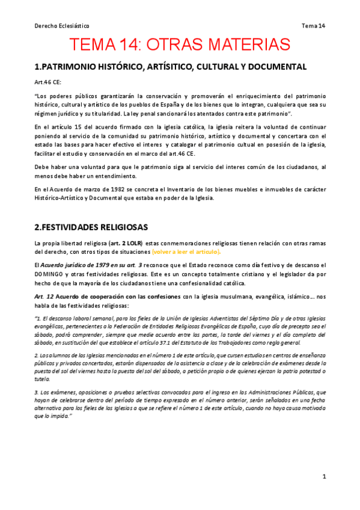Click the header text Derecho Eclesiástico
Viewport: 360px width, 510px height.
click(61, 26)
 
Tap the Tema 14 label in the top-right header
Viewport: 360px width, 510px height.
click(313, 26)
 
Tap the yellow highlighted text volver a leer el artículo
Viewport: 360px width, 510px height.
click(186, 251)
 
